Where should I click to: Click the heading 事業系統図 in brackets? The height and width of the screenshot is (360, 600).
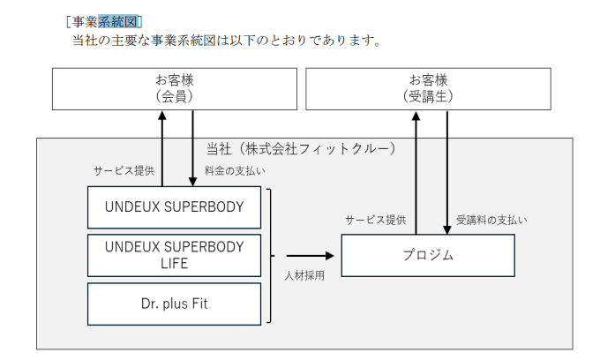(104, 20)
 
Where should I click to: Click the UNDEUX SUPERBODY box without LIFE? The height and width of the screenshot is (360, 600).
(174, 208)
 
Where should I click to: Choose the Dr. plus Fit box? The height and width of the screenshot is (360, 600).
(174, 304)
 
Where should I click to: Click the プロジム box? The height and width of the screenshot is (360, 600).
(428, 255)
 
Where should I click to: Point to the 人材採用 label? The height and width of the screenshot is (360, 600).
(303, 275)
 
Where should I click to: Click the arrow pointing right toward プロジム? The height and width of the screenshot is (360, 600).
(309, 256)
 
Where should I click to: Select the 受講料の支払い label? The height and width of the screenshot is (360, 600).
(491, 219)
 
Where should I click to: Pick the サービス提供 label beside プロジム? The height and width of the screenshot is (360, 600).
(376, 219)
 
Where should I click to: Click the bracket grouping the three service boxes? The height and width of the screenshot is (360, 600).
(268, 256)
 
